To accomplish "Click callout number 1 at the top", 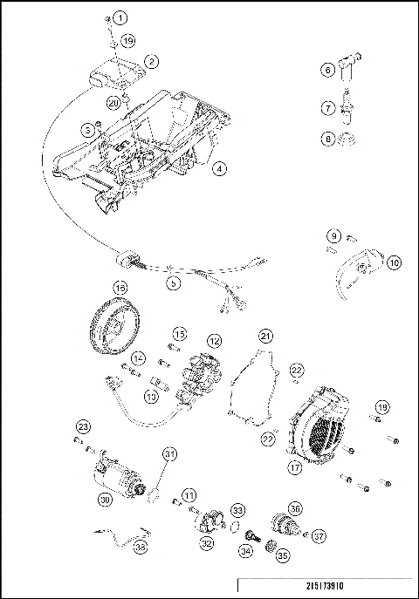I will click(x=120, y=17).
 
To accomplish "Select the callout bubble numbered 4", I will click(x=220, y=169).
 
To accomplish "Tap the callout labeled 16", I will click(x=120, y=287).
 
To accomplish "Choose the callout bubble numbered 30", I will click(x=105, y=501).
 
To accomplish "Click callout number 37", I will click(x=319, y=536).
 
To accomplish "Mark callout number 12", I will click(x=213, y=341).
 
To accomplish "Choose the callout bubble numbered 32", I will click(x=207, y=542).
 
